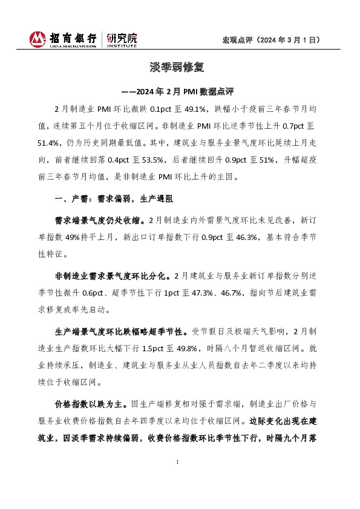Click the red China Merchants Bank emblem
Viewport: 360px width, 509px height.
coord(38,40)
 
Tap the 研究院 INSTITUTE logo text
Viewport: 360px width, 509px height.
coord(122,40)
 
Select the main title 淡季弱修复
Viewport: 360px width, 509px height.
coord(179,66)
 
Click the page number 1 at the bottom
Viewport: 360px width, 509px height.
coord(177,462)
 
